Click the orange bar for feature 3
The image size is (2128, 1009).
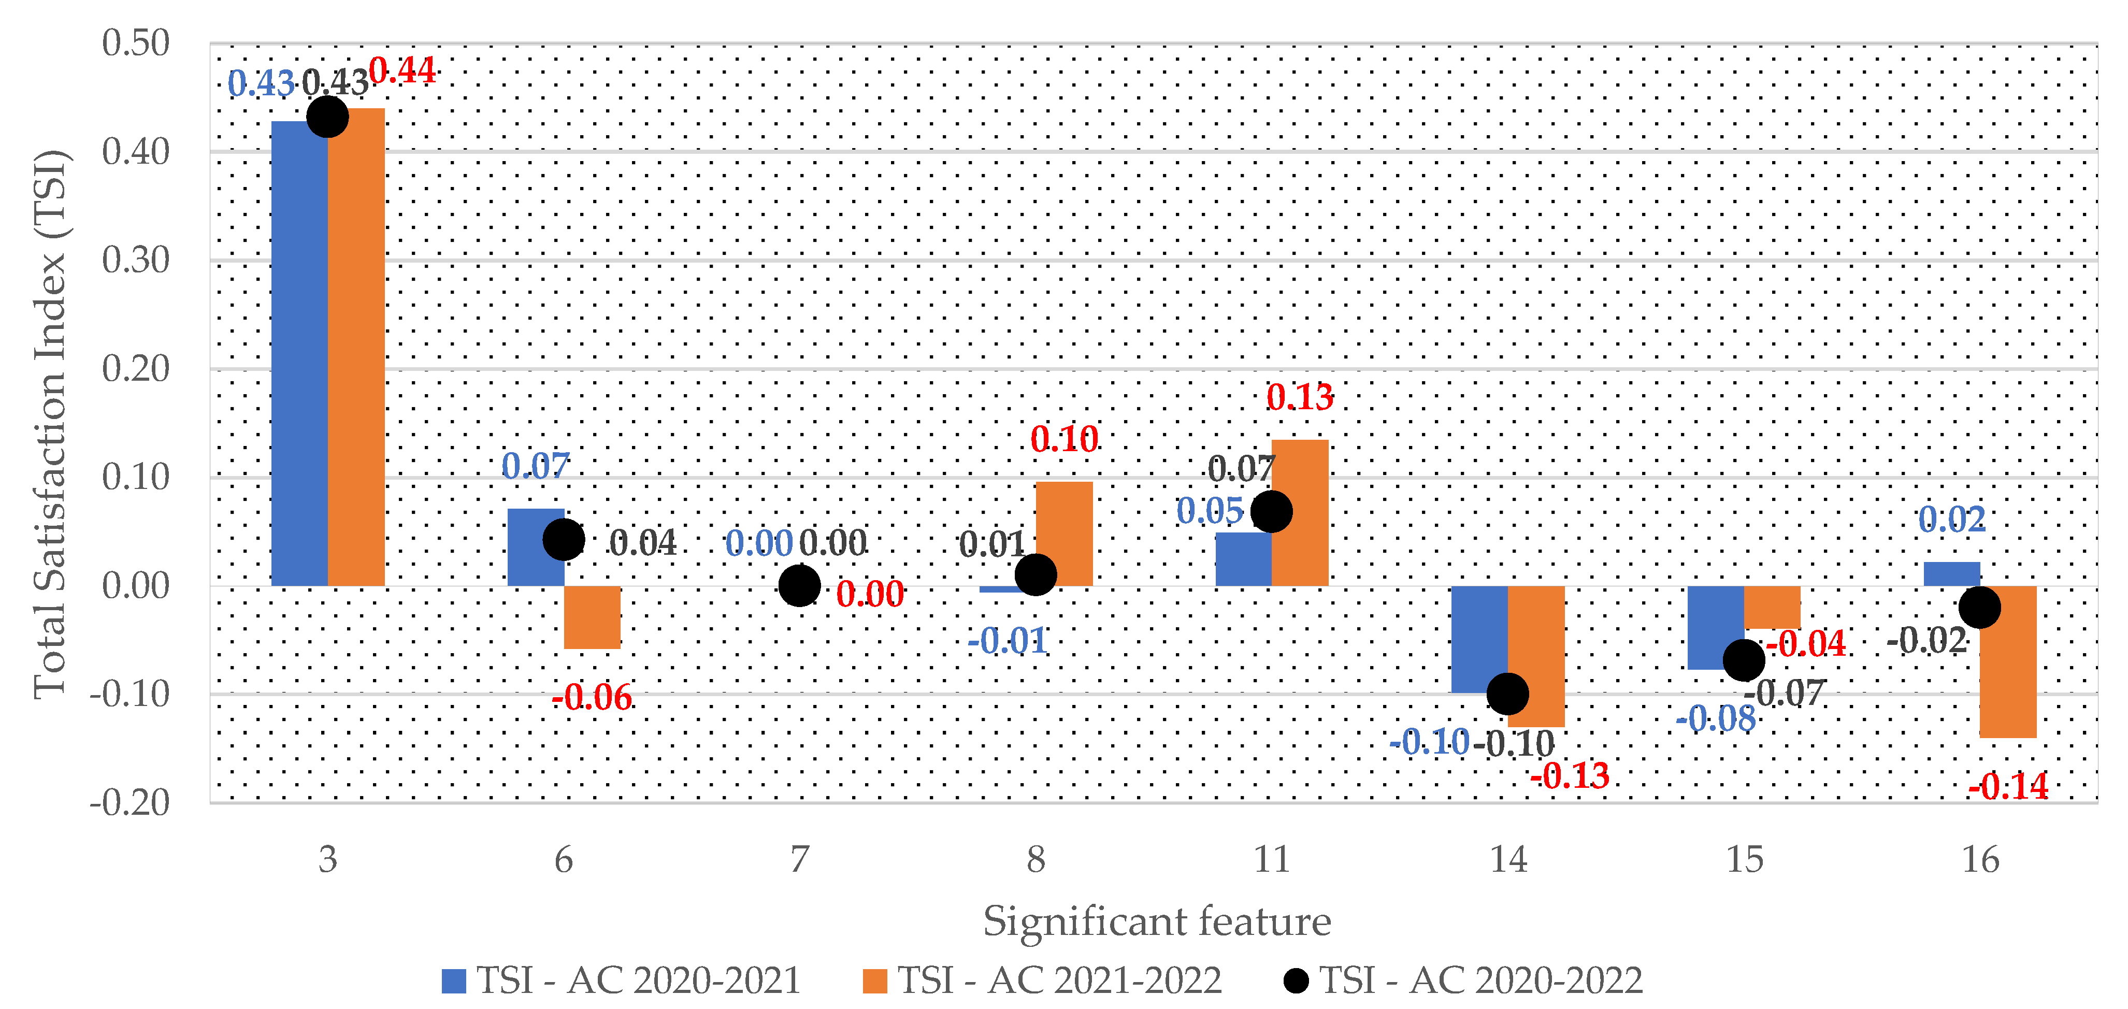tap(356, 347)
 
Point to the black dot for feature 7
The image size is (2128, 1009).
tap(799, 585)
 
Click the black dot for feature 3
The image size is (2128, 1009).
tap(327, 117)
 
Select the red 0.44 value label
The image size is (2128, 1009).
tap(402, 70)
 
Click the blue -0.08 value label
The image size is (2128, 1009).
tap(1716, 719)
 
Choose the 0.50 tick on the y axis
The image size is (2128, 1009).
tap(136, 43)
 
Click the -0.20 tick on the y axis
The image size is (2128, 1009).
tap(130, 802)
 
